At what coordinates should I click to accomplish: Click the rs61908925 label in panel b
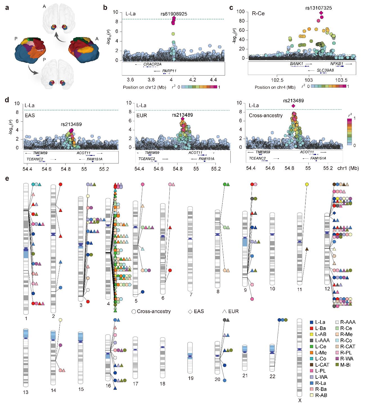tap(174, 14)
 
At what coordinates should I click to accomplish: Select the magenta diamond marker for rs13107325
tap(321, 13)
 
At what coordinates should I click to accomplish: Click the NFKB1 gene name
tap(337, 64)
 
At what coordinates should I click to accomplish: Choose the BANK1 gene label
tap(297, 64)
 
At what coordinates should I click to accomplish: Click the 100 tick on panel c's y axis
tap(240, 12)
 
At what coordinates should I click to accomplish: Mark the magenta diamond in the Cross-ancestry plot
tap(293, 106)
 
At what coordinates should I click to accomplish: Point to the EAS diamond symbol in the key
tap(190, 312)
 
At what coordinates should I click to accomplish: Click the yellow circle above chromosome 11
tap(307, 184)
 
